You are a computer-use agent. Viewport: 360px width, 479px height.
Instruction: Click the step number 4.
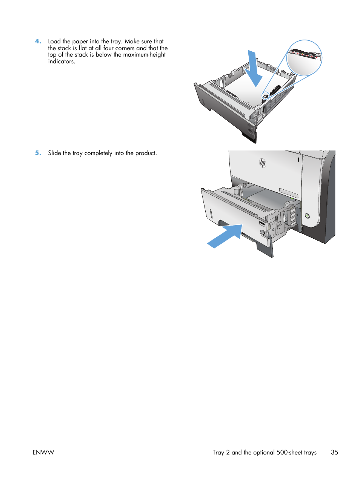pyautogui.click(x=38, y=41)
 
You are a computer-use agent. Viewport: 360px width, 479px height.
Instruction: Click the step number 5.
pyautogui.click(x=38, y=153)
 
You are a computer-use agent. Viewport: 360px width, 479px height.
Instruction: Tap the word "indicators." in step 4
pyautogui.click(x=62, y=61)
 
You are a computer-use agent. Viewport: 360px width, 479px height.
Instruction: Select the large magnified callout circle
pyautogui.click(x=304, y=58)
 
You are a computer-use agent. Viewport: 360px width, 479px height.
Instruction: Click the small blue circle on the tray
pyautogui.click(x=266, y=96)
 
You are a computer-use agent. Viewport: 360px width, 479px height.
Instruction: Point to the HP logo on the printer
pyautogui.click(x=263, y=163)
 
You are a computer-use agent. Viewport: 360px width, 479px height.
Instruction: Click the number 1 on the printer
pyautogui.click(x=298, y=160)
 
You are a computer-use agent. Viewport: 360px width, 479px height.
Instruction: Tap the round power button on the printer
pyautogui.click(x=307, y=216)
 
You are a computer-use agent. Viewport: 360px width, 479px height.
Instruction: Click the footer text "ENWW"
pyautogui.click(x=43, y=453)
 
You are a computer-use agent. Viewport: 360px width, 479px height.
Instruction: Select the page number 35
pyautogui.click(x=334, y=453)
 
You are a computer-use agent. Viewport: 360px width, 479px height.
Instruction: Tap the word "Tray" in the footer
pyautogui.click(x=218, y=453)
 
